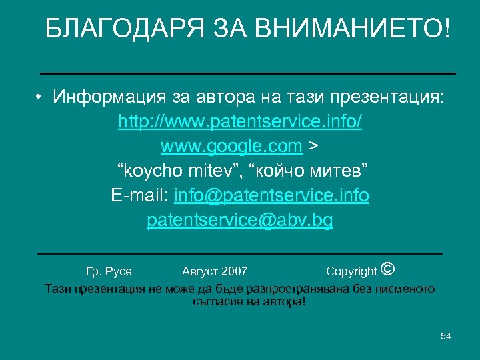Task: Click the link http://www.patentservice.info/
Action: coord(240,122)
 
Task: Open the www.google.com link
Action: coord(231,146)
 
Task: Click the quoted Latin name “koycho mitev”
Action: coord(178,171)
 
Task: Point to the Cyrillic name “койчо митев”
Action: coord(308,171)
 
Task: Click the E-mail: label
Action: coord(140,195)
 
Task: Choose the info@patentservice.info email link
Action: coord(271,195)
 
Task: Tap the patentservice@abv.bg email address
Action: coord(240,220)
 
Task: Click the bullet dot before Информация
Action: coord(41,98)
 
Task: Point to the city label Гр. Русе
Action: coord(109,271)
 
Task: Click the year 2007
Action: coord(234,271)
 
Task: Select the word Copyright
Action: coord(351,271)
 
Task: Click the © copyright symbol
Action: coord(389,269)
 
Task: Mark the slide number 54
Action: coord(446,336)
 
